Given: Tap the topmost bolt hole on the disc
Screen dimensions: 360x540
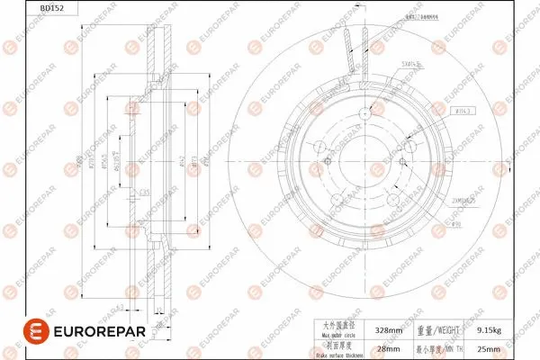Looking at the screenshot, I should tap(364, 112).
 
